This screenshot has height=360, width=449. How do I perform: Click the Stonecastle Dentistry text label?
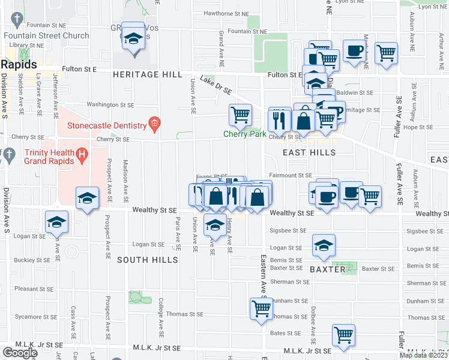pyautogui.click(x=107, y=125)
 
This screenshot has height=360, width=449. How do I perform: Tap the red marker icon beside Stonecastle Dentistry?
pyautogui.click(x=154, y=124)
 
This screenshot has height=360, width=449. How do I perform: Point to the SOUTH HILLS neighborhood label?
pyautogui.click(x=147, y=260)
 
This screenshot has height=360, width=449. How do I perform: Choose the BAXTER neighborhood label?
pyautogui.click(x=328, y=270)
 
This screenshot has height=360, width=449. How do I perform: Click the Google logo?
pyautogui.click(x=20, y=352)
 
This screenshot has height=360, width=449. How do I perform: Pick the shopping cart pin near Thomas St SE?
pyautogui.click(x=261, y=309)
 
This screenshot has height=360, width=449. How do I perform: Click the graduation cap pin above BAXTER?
pyautogui.click(x=324, y=245)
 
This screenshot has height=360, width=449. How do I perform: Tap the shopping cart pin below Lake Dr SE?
pyautogui.click(x=240, y=113)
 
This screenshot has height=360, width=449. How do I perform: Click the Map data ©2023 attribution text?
pyautogui.click(x=424, y=355)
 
